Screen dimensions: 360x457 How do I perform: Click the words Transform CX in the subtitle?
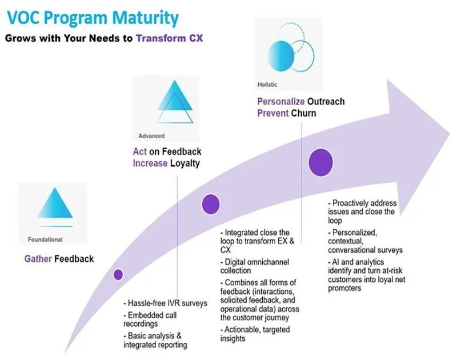(170, 39)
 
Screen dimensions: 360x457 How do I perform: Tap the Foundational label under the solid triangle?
(45, 239)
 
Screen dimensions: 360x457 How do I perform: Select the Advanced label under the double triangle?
(151, 136)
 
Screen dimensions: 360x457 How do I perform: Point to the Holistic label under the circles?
(267, 85)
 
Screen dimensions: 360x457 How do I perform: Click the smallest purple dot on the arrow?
(118, 274)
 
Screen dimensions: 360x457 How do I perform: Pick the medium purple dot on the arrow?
(211, 204)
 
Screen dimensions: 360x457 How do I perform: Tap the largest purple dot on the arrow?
(321, 162)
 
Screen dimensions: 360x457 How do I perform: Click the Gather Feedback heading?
(59, 259)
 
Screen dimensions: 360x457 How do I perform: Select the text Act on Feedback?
(163, 152)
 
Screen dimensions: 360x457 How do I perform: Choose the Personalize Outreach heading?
(300, 102)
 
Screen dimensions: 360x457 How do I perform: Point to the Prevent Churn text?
(286, 113)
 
